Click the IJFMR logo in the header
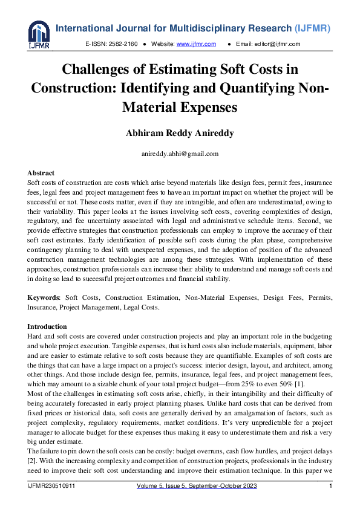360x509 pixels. pyautogui.click(x=39, y=35)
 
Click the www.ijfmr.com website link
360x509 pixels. pyautogui.click(x=196, y=44)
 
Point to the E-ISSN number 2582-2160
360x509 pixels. pyautogui.click(x=124, y=44)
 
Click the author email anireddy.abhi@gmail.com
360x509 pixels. pyautogui.click(x=180, y=154)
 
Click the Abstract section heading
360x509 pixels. pyautogui.click(x=41, y=173)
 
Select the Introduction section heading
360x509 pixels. pyautogui.click(x=47, y=326)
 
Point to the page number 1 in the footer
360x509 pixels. pyautogui.click(x=330, y=487)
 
